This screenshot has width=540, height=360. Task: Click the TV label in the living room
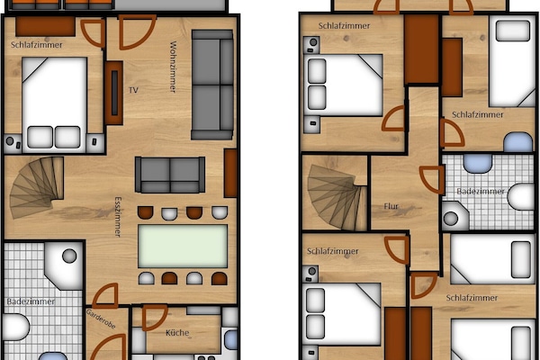point(133,90)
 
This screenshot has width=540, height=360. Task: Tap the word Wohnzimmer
point(173,67)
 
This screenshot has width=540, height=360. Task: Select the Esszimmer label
point(118,217)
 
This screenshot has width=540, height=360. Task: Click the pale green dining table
point(183,246)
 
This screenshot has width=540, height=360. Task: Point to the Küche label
point(177,333)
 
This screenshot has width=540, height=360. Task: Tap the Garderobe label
point(101,319)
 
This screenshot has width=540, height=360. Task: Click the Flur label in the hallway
point(391,206)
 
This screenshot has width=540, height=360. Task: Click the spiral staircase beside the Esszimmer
point(37,187)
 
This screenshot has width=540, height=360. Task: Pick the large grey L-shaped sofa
point(212,85)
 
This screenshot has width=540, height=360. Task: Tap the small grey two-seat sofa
point(170,175)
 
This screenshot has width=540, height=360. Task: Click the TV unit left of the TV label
point(114,93)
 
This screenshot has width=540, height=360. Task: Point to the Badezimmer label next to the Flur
point(481,192)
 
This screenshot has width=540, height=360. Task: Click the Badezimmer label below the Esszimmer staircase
point(31,301)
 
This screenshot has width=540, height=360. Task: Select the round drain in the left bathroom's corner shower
point(69,256)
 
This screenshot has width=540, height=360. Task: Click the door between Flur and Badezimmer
point(432,179)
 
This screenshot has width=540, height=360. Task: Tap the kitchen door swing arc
point(155,318)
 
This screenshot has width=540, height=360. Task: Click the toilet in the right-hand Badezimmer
point(521,197)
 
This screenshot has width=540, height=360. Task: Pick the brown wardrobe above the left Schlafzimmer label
point(46,26)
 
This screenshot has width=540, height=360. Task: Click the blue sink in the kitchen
point(230,339)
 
